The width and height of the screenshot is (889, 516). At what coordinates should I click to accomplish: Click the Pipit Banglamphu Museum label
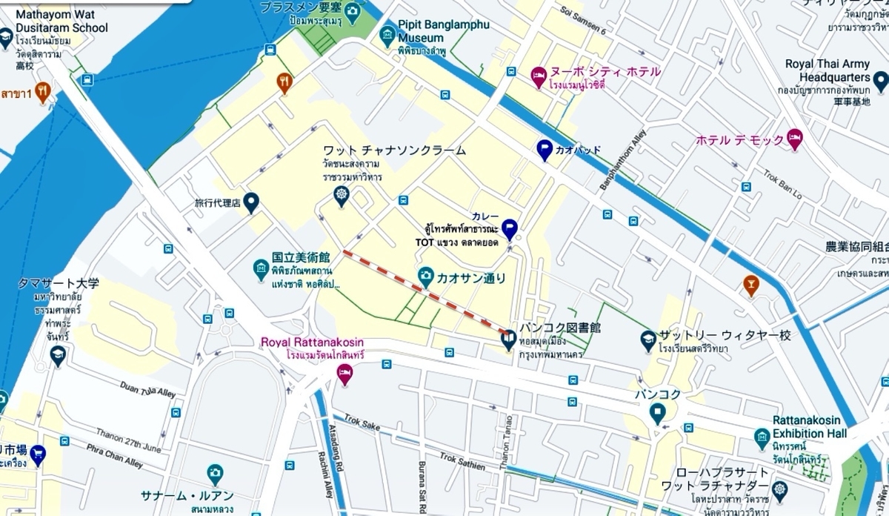pos(443,30)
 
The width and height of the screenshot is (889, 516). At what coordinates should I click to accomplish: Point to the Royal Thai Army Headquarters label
pos(827,70)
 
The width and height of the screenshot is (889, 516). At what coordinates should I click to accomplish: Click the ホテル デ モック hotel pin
pos(794,138)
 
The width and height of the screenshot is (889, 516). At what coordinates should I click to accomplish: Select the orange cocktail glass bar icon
pos(751,284)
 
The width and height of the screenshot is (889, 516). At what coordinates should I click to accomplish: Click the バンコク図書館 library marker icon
pos(508,340)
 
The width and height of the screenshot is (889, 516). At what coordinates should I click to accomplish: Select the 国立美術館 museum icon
pos(260,268)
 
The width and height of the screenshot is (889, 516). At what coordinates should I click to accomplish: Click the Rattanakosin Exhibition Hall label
pos(809,426)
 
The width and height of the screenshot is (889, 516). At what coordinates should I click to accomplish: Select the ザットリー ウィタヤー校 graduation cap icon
pos(648,339)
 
